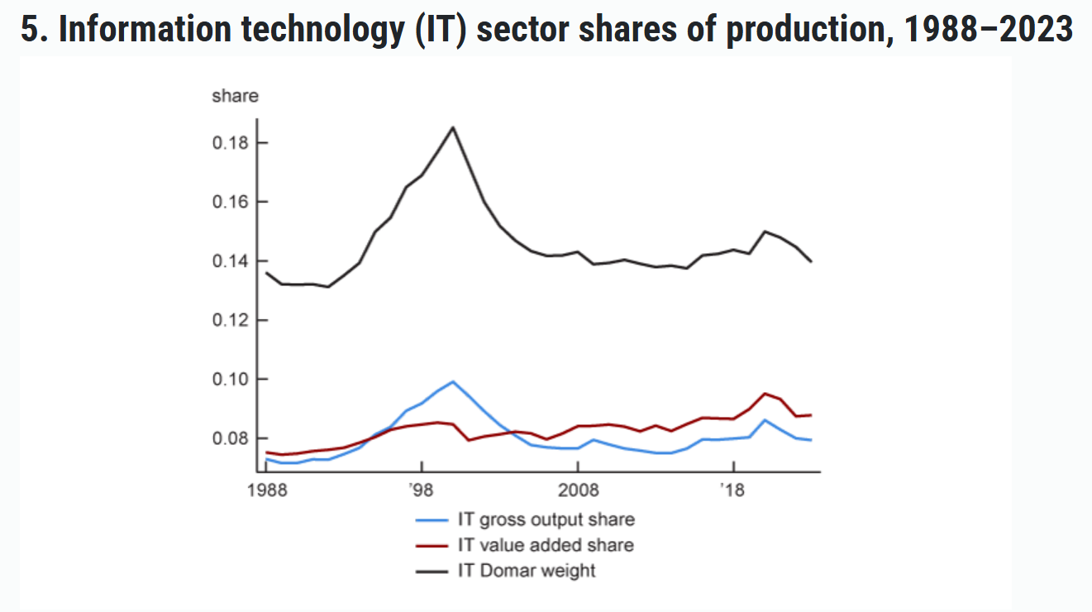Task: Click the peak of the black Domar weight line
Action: tap(453, 127)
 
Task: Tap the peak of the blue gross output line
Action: tap(453, 381)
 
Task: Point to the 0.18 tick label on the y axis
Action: tap(229, 143)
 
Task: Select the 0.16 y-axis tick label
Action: tap(229, 202)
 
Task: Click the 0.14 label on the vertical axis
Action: tap(229, 261)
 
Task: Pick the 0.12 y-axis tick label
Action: tap(229, 320)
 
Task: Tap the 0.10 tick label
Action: tap(229, 379)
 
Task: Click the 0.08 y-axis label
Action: tap(229, 438)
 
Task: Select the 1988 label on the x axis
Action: tap(266, 490)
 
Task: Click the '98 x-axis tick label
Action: tap(422, 490)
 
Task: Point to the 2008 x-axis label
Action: tap(577, 490)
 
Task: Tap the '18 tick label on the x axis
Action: tap(732, 490)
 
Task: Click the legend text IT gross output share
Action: tap(546, 520)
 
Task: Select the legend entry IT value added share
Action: tap(546, 545)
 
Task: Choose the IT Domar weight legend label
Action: tap(527, 570)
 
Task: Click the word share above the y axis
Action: tap(235, 96)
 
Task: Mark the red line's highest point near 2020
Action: tap(765, 394)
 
